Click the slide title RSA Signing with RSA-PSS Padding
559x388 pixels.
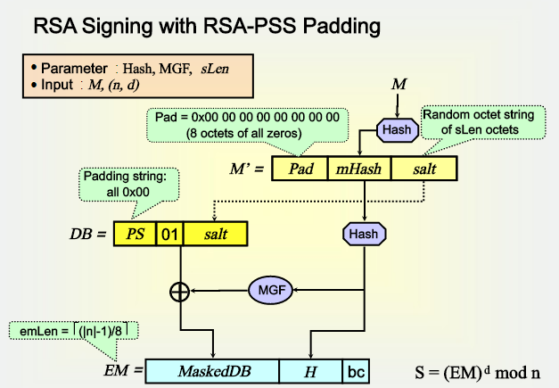(207, 26)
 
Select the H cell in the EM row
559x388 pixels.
(310, 370)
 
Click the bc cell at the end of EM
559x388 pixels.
(355, 370)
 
